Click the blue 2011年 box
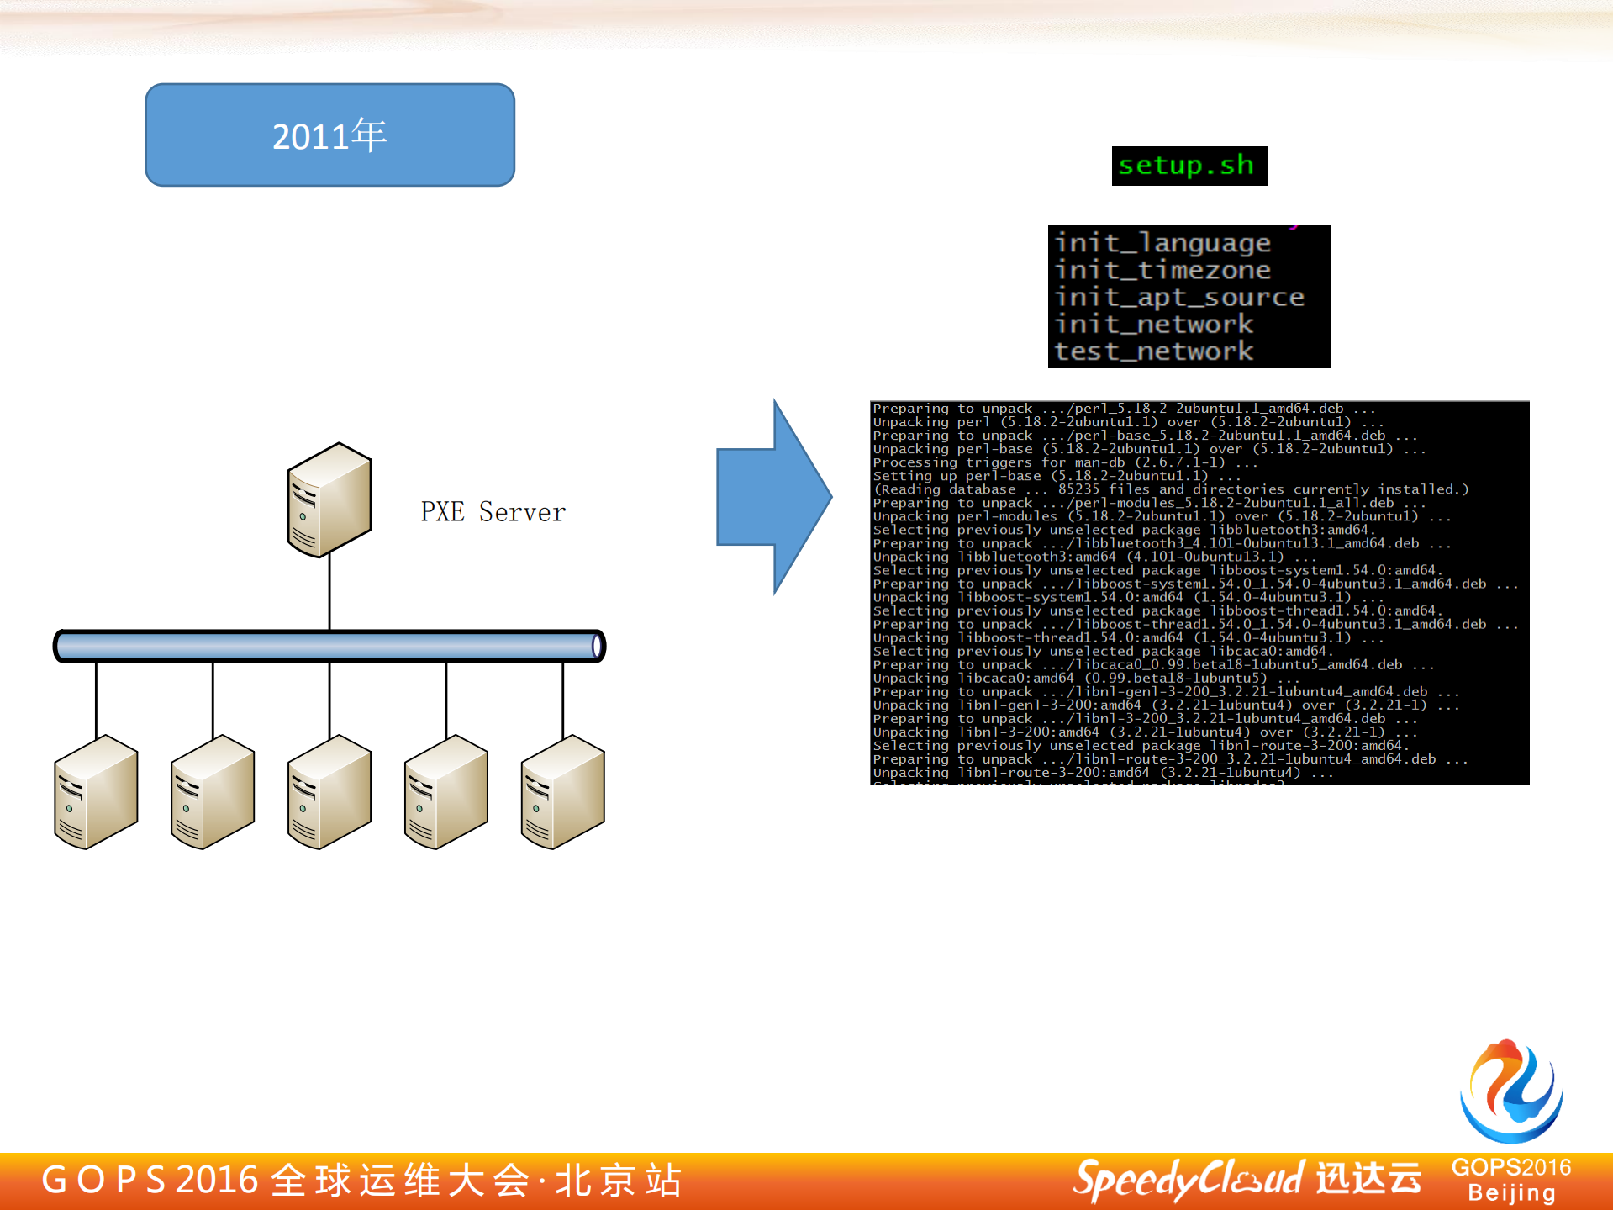click(x=329, y=135)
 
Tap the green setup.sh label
click(x=1188, y=166)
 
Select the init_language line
click(x=1162, y=243)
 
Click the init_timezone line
click(x=1162, y=270)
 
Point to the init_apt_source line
click(x=1178, y=297)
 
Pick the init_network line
click(x=1154, y=324)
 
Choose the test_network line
click(x=1154, y=351)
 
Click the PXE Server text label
click(x=493, y=512)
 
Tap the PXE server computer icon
click(x=329, y=499)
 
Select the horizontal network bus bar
click(x=329, y=646)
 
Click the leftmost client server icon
click(x=96, y=792)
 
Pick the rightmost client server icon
click(x=562, y=792)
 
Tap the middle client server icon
click(x=329, y=792)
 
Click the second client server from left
click(x=213, y=792)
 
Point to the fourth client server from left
click(x=445, y=792)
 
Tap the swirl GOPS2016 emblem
click(x=1511, y=1091)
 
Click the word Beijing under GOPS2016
click(x=1511, y=1193)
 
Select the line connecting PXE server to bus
click(x=329, y=593)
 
